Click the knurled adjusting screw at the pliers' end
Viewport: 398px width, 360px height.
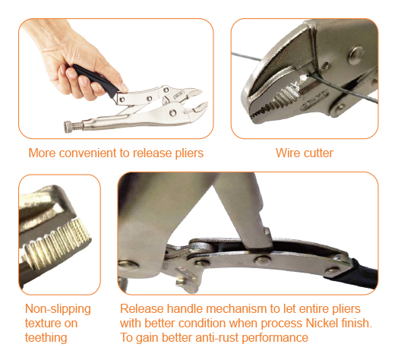click(x=73, y=126)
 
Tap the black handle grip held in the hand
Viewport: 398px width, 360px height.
click(x=96, y=80)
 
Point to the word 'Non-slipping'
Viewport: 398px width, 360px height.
click(x=58, y=309)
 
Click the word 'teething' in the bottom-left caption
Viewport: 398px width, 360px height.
click(x=46, y=338)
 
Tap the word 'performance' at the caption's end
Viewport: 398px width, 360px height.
click(x=275, y=338)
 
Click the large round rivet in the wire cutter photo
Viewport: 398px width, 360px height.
click(x=355, y=55)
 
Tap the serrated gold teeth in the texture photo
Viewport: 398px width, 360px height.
click(x=57, y=243)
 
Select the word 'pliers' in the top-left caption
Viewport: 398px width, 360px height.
click(x=189, y=153)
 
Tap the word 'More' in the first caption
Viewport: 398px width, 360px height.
click(x=42, y=153)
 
